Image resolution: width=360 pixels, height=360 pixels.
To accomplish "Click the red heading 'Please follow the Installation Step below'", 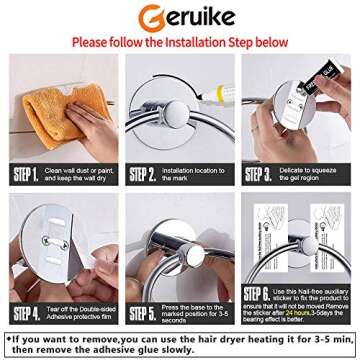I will pyautogui.click(x=180, y=43).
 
